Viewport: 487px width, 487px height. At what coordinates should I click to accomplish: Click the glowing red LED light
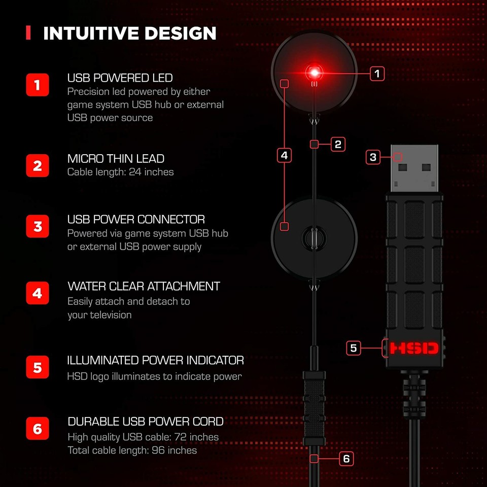315,71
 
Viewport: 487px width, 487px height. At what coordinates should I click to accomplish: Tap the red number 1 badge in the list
38,85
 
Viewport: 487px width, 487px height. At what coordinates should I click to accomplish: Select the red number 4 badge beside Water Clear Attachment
38,293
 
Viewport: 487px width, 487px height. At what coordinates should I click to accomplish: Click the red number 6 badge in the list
38,429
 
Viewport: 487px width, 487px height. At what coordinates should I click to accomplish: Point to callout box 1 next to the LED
376,74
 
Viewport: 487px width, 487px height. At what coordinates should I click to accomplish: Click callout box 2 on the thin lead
338,144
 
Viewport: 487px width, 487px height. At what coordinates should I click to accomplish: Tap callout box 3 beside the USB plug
373,157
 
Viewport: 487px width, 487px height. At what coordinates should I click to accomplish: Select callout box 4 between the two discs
284,155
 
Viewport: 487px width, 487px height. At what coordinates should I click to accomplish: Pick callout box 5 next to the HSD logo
354,348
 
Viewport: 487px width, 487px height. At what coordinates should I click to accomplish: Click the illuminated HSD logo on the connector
414,348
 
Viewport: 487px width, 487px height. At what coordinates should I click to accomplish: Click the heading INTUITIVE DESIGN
130,33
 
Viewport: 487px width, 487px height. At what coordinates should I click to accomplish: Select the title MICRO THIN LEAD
116,159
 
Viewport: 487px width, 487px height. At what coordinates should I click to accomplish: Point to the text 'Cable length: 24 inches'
121,172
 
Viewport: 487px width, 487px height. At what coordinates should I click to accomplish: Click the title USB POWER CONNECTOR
136,220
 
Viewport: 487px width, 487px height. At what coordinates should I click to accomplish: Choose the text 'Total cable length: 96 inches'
132,450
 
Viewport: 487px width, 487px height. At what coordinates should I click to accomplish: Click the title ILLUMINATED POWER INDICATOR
155,360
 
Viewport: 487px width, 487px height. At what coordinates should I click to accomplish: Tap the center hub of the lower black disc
314,237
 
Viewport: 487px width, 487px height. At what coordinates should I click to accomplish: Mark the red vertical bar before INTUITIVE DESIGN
28,33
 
